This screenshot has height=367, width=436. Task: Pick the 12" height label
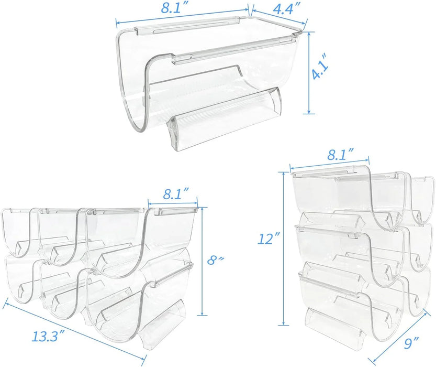(267, 240)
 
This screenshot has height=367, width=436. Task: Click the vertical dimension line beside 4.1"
(309, 72)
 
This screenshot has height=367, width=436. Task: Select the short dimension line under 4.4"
(278, 17)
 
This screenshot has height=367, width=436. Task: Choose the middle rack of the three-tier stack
(364, 246)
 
